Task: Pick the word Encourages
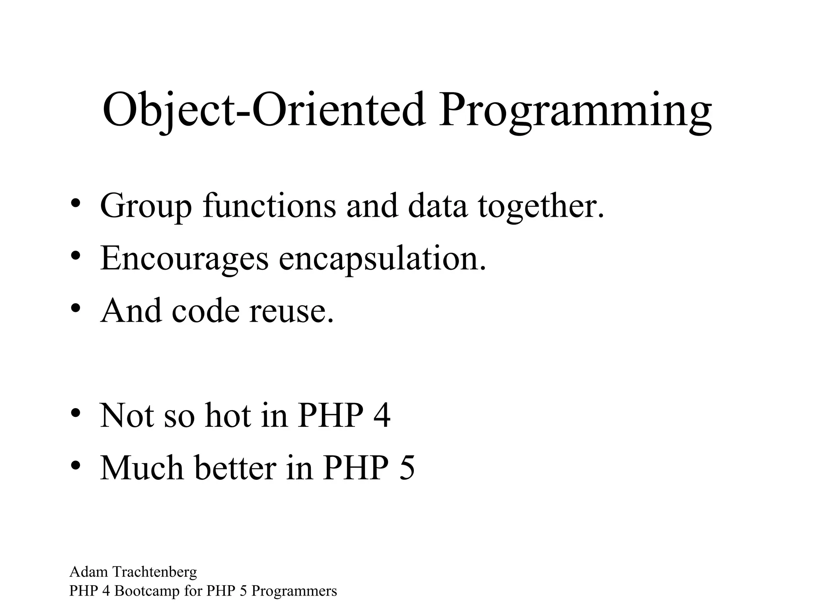(x=184, y=259)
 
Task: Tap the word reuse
(x=291, y=311)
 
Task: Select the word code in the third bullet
(x=206, y=310)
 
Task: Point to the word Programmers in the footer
(x=294, y=591)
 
